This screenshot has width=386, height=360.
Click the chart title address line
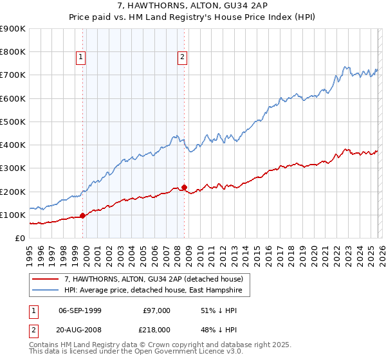192,5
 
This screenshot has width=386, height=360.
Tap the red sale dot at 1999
82,216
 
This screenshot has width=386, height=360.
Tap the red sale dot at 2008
184,188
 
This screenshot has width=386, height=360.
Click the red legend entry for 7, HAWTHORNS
153,279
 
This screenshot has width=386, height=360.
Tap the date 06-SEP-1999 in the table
80,310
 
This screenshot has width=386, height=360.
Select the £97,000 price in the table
157,310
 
